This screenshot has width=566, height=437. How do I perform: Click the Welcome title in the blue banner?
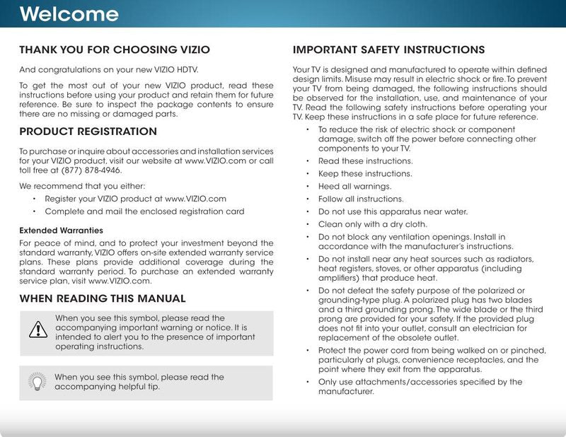[69, 14]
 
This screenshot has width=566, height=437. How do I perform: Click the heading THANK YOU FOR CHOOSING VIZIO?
[114, 50]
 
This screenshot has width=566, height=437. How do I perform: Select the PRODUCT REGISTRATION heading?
[88, 132]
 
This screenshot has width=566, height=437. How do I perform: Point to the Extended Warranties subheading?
[61, 231]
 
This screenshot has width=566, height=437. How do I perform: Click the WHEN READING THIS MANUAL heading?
[103, 298]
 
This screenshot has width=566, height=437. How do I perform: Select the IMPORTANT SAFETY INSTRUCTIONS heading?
[388, 50]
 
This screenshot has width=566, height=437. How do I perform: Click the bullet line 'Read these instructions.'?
[365, 161]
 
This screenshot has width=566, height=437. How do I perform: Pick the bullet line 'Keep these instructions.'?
[365, 174]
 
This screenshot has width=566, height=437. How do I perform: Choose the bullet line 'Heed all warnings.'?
[355, 187]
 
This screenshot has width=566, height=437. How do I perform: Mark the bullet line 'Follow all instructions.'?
[361, 199]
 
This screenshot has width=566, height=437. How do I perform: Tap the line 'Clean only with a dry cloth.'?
[373, 224]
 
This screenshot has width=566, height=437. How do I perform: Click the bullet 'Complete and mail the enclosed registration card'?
[144, 211]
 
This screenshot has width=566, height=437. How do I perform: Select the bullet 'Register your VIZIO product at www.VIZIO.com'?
[135, 199]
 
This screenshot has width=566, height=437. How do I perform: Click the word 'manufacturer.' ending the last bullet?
[345, 391]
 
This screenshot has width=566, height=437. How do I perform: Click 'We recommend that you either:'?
[81, 187]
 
